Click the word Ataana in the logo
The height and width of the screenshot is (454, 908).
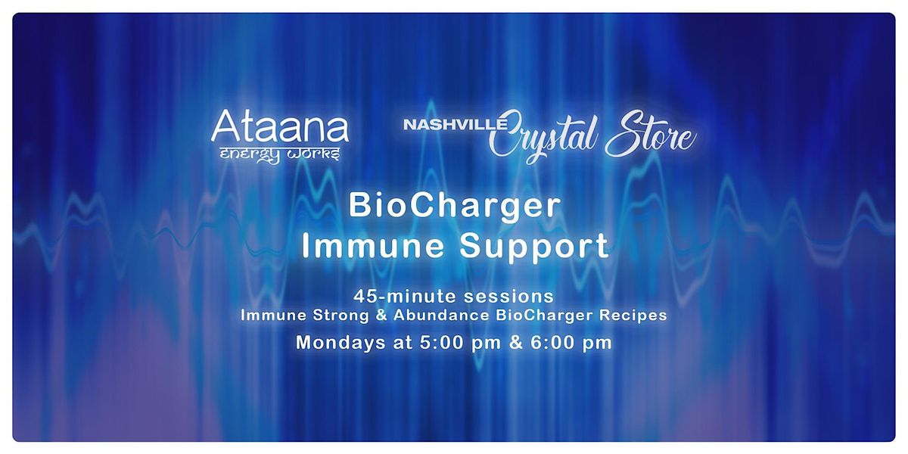point(279,128)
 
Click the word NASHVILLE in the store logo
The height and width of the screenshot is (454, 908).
point(445,125)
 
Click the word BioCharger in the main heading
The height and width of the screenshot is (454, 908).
point(454,207)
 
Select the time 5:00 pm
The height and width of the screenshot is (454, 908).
point(442,342)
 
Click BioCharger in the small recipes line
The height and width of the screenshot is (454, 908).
point(529,316)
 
